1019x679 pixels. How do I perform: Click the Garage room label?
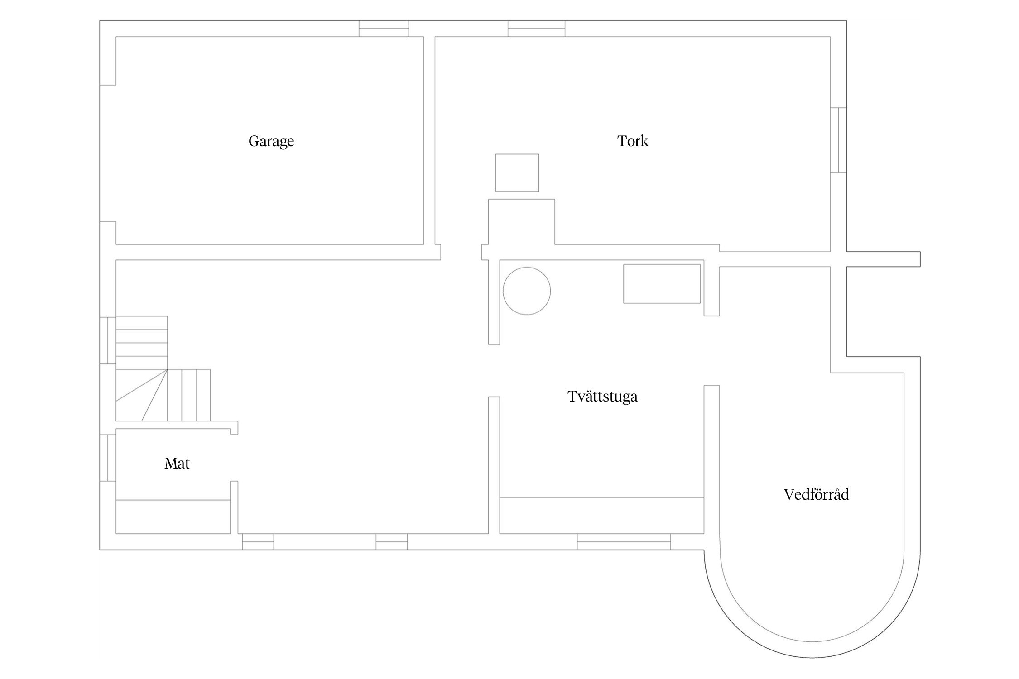click(271, 142)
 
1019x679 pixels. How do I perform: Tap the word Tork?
click(633, 141)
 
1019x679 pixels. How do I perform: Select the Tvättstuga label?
click(602, 397)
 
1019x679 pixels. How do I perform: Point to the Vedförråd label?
click(816, 494)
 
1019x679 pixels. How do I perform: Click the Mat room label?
click(177, 464)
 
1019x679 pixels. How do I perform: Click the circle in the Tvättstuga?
click(527, 291)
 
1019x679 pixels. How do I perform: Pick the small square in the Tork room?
click(517, 173)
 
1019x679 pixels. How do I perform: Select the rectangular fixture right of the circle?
click(662, 284)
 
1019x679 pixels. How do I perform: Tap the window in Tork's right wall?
click(838, 140)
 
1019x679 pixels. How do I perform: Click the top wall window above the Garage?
click(384, 29)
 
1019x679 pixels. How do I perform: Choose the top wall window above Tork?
click(536, 29)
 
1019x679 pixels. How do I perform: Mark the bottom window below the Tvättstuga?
click(624, 541)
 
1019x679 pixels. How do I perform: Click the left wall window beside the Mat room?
click(108, 458)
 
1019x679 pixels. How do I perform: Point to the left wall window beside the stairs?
click(108, 340)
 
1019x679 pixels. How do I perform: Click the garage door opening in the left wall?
click(108, 153)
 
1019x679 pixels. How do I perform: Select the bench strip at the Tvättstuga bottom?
click(602, 516)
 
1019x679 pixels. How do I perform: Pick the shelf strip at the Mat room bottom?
click(173, 516)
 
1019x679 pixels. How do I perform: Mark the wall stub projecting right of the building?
click(883, 259)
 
